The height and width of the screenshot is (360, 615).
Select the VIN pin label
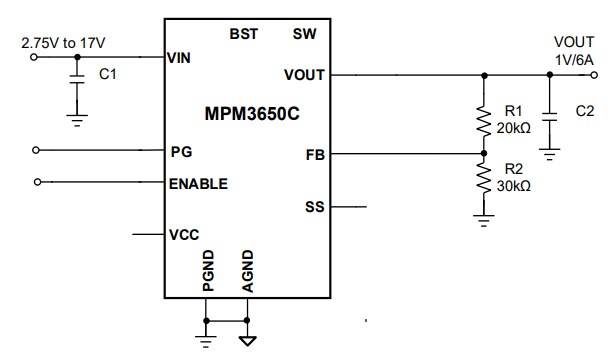(179, 58)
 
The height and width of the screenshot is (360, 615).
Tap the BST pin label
(243, 33)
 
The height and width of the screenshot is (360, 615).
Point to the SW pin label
(305, 33)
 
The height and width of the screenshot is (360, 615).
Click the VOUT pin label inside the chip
(305, 74)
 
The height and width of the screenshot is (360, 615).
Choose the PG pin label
(181, 152)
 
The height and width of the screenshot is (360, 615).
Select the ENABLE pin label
(198, 183)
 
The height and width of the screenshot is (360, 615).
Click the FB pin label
(314, 155)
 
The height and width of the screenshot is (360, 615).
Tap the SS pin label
(314, 208)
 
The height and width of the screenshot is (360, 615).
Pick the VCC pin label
(183, 235)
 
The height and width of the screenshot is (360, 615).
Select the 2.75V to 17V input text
(62, 43)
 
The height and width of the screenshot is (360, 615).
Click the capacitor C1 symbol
(77, 81)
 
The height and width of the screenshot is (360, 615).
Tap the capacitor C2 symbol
(548, 111)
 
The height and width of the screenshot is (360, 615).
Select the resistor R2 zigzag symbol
(485, 180)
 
